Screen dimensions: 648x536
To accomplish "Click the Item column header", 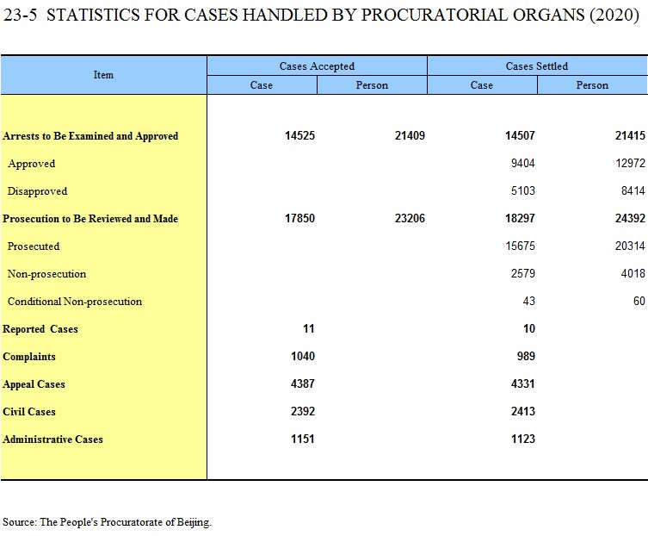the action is (x=103, y=75).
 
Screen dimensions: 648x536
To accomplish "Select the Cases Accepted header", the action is (x=317, y=66).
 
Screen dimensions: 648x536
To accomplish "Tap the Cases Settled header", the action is (x=537, y=66).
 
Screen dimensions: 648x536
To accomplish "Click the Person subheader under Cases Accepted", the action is (x=372, y=85).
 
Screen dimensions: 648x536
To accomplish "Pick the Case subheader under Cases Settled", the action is (x=481, y=85).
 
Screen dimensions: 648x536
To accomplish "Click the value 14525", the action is (x=299, y=136).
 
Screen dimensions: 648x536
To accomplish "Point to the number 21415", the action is (x=630, y=136).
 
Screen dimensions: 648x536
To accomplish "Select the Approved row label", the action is (x=31, y=164).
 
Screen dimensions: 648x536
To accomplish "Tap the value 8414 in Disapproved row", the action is (x=633, y=190).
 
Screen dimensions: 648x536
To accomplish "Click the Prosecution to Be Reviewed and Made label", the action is (x=90, y=219).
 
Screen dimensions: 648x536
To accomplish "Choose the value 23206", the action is (x=410, y=218).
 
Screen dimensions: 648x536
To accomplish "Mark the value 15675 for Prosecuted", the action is (x=520, y=246).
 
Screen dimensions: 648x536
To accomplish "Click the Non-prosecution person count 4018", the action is (x=633, y=273).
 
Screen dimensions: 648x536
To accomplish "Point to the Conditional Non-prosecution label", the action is (x=75, y=302).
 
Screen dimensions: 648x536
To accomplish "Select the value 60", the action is (x=639, y=301).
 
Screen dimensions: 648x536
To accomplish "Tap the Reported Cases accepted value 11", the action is (x=309, y=328).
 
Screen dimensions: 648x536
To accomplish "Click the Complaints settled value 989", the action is (x=526, y=357).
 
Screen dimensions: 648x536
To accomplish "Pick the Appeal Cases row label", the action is (x=34, y=384).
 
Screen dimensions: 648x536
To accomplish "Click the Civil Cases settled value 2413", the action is (x=522, y=411).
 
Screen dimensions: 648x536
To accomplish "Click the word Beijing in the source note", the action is (x=194, y=522).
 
